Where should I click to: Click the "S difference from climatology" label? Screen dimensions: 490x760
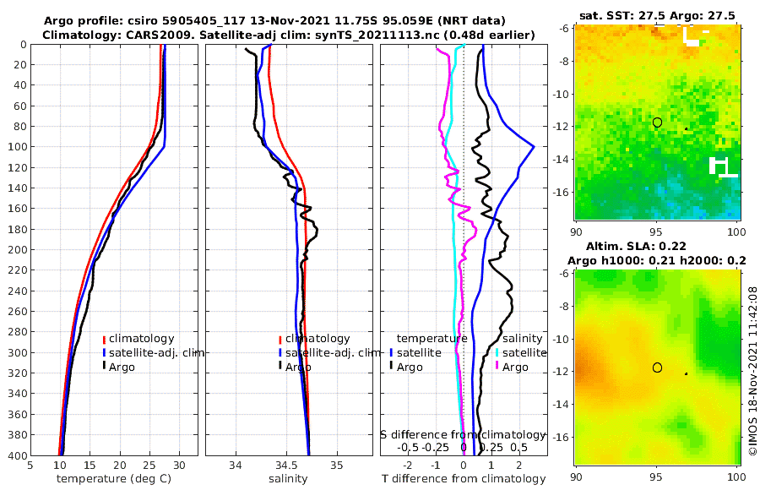[463, 434]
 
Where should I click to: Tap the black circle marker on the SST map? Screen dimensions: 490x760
[657, 122]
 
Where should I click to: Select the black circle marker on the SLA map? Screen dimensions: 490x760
[657, 367]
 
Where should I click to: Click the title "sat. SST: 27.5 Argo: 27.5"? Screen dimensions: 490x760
[657, 15]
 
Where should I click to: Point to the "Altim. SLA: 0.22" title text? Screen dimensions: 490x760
[657, 246]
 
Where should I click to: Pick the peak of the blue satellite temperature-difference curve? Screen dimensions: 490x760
[534, 146]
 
